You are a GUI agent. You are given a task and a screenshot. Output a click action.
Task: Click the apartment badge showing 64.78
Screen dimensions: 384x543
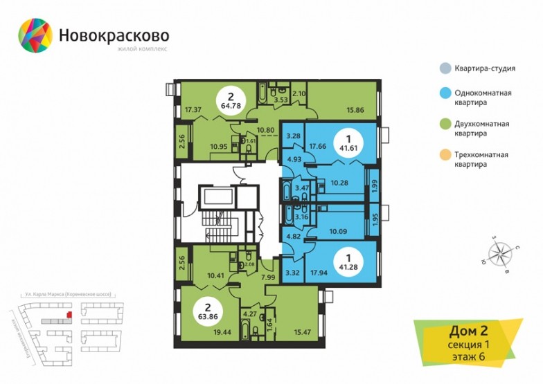point(229,101)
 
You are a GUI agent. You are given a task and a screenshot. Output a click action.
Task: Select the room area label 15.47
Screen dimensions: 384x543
point(303,333)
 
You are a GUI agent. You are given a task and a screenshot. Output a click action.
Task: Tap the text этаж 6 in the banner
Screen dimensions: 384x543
point(461,357)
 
